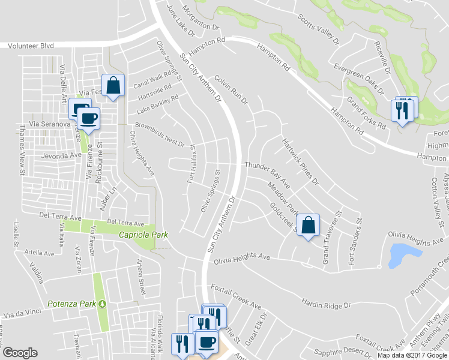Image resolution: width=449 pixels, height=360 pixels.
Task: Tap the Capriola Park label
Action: (x=142, y=235)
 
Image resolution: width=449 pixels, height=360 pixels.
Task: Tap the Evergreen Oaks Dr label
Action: (x=359, y=80)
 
